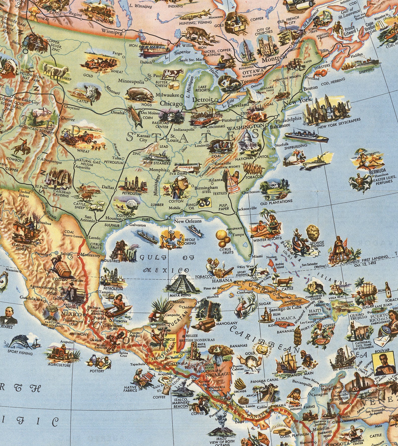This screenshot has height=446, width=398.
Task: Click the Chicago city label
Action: point(171,103)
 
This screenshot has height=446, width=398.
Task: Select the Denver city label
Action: point(68,119)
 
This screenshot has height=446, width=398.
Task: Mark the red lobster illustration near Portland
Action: point(321,73)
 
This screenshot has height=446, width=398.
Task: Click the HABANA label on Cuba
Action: point(222,280)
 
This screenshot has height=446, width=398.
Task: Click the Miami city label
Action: point(257,256)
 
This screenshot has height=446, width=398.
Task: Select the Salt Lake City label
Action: point(27,100)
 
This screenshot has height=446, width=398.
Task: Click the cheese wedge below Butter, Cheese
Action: point(173,86)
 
